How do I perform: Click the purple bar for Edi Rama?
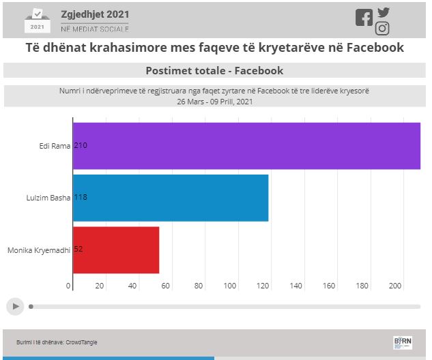pyautogui.click(x=246, y=146)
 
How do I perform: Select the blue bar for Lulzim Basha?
pyautogui.click(x=171, y=198)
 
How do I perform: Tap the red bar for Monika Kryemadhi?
pyautogui.click(x=116, y=250)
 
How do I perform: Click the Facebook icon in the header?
pyautogui.click(x=364, y=18)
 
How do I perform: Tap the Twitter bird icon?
pyautogui.click(x=384, y=12)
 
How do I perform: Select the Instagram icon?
pyautogui.click(x=382, y=29)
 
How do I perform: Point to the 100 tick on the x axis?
pyautogui.click(x=231, y=286)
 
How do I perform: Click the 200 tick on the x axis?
pyautogui.click(x=395, y=286)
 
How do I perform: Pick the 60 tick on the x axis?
pyautogui.click(x=166, y=286)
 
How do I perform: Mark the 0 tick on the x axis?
pyautogui.click(x=69, y=286)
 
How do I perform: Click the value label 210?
pyautogui.click(x=81, y=146)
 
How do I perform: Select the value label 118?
pyautogui.click(x=81, y=198)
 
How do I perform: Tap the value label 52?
pyautogui.click(x=78, y=250)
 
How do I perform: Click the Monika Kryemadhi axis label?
pyautogui.click(x=39, y=250)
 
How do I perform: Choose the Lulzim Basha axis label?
pyautogui.click(x=47, y=198)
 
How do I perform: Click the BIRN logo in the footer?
pyautogui.click(x=403, y=342)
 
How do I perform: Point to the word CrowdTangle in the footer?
pyautogui.click(x=82, y=342)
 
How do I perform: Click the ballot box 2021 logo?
pyautogui.click(x=37, y=20)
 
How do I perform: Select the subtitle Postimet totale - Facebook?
pyautogui.click(x=214, y=71)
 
